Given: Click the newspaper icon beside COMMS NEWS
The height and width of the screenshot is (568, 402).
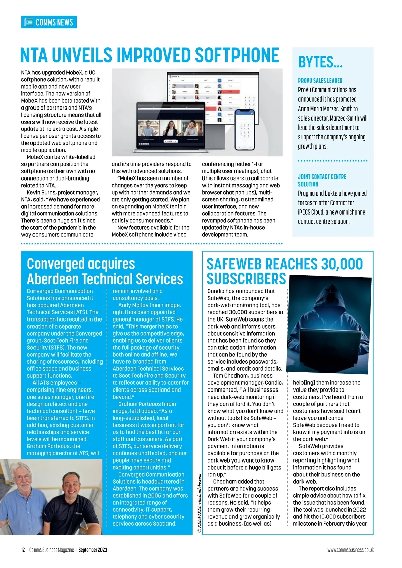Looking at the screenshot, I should (x=29, y=22).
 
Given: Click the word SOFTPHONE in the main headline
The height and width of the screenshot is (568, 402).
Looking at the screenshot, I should (x=237, y=55).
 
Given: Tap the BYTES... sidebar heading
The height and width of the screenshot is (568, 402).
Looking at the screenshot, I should (x=320, y=63).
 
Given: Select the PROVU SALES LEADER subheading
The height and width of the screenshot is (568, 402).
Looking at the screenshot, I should (x=320, y=81).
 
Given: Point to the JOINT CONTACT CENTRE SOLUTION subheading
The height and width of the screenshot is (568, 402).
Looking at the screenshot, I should (x=322, y=180).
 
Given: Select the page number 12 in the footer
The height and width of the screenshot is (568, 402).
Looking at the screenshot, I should (x=23, y=550).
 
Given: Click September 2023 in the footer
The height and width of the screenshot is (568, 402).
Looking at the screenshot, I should (x=93, y=550).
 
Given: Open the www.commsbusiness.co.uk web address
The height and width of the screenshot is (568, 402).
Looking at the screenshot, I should (x=350, y=550).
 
